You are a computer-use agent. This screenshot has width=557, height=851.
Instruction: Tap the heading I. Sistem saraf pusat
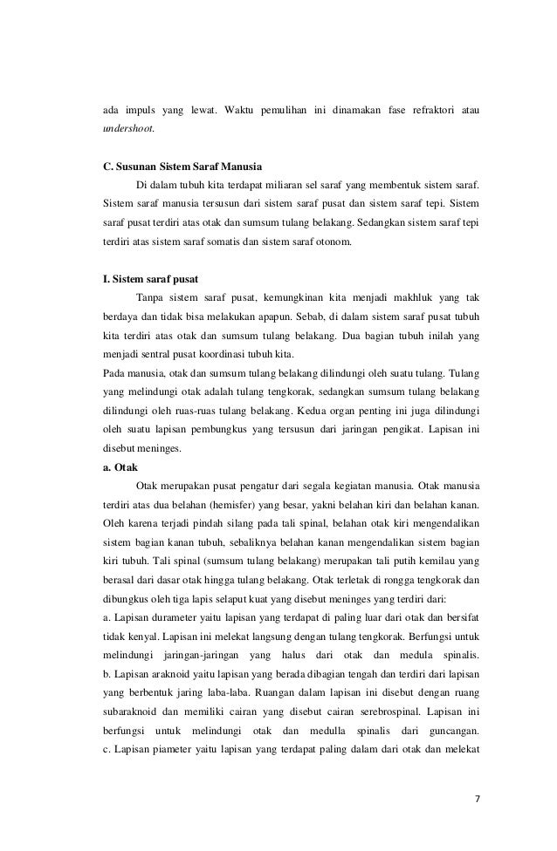coord(150,278)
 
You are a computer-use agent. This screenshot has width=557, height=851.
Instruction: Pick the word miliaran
coord(287,185)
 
